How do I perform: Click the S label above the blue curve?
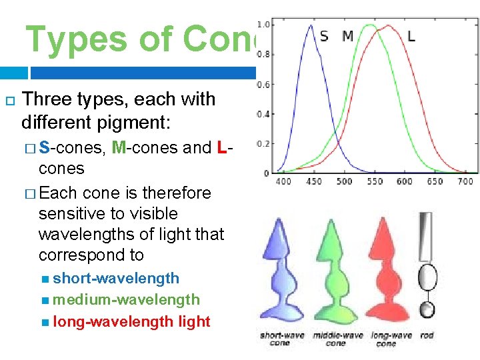[324, 36]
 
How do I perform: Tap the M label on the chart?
[347, 36]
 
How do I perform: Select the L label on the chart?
[411, 36]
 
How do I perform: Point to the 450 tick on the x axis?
[313, 181]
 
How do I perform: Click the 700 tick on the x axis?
[465, 181]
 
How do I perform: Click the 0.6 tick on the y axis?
[263, 84]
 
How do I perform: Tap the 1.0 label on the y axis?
[263, 25]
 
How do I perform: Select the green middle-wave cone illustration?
[336, 273]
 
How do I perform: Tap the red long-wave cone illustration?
[388, 273]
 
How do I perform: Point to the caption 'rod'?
[427, 335]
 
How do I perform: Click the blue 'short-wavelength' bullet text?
[116, 278]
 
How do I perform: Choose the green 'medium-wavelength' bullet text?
[126, 300]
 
